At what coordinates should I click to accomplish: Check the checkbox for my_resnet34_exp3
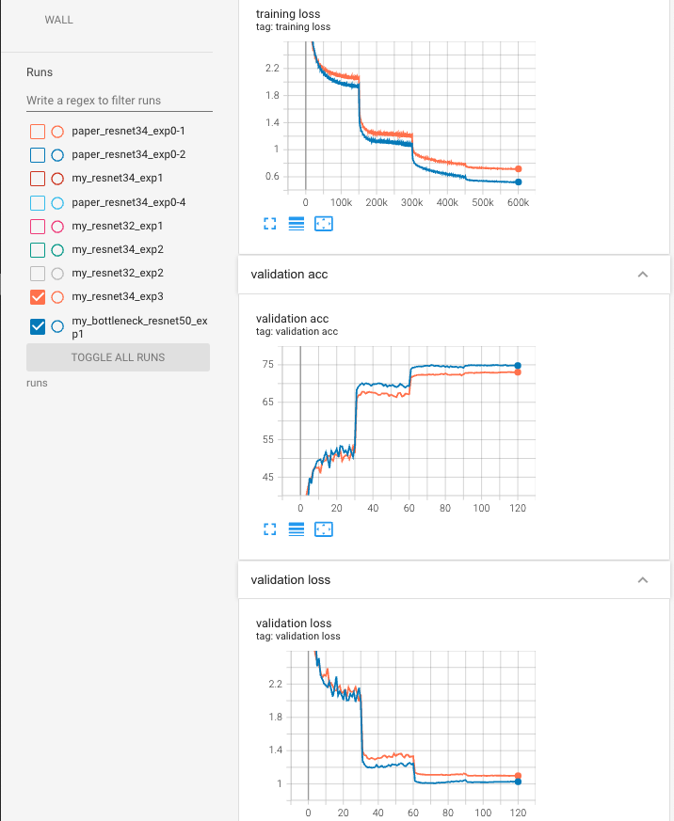point(38,297)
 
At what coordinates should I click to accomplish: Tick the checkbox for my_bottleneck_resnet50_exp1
point(38,326)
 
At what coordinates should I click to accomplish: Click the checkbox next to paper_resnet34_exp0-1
point(38,131)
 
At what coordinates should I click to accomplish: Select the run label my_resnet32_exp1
point(118,226)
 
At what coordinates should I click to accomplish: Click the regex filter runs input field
point(119,100)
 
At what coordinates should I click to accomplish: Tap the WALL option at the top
point(58,20)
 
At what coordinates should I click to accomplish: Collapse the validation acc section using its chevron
point(643,275)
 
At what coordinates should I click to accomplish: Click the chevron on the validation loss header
point(643,580)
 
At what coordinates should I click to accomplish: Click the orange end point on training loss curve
point(519,168)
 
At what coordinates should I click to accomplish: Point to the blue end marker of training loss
point(519,182)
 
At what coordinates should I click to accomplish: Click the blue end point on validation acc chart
point(518,365)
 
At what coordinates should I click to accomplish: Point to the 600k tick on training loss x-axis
point(518,202)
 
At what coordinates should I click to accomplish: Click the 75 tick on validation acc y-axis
point(267,365)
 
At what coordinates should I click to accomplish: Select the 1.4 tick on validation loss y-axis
point(276,750)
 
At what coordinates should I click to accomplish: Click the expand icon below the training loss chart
point(268,224)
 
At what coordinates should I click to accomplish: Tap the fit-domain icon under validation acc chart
point(323,529)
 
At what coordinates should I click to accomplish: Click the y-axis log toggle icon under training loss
point(296,224)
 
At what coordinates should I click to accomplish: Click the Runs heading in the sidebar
point(40,71)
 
